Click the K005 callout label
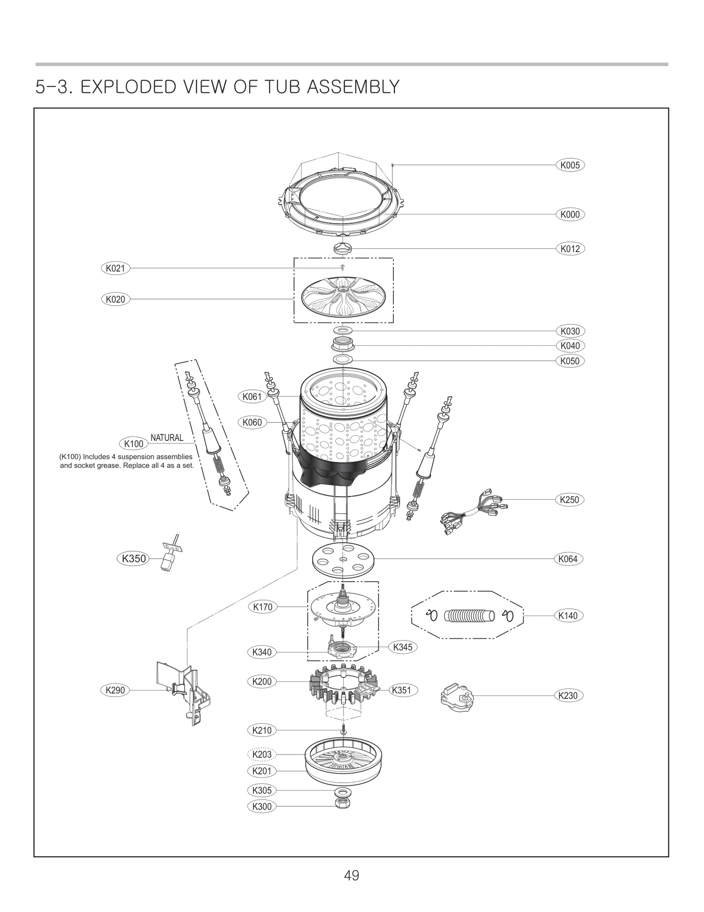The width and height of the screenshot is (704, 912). click(x=570, y=165)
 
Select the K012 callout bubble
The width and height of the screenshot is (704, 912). click(x=570, y=249)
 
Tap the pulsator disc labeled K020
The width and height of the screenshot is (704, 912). click(x=343, y=297)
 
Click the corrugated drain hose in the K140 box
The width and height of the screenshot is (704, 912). click(x=469, y=615)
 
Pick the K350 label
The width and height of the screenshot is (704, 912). click(x=133, y=559)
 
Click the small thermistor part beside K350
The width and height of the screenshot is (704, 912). click(x=169, y=555)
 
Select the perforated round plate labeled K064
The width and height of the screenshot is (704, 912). click(x=343, y=559)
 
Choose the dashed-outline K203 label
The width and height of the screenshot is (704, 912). click(x=262, y=754)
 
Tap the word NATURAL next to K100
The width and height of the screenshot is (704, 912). click(x=167, y=438)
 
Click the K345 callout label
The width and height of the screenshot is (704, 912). click(x=403, y=647)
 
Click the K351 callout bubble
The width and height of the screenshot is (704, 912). click(x=401, y=690)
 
